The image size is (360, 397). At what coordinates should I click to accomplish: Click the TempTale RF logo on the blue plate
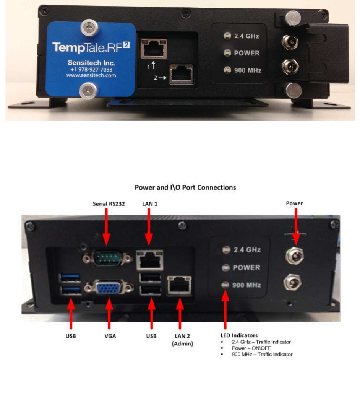pyautogui.click(x=91, y=47)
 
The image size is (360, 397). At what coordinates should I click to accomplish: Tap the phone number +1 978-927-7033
pyautogui.click(x=91, y=69)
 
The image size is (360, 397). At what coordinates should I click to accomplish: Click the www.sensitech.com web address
pyautogui.click(x=91, y=76)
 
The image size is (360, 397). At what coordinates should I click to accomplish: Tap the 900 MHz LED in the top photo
pyautogui.click(x=227, y=70)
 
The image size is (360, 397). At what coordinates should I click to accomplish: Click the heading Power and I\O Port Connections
pyautogui.click(x=180, y=188)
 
